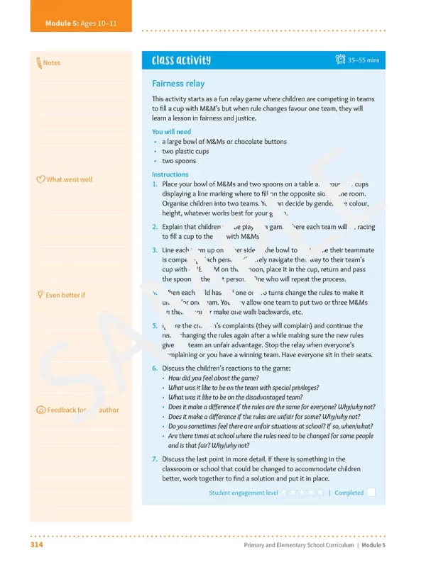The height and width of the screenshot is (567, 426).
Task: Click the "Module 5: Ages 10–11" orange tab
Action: click(x=81, y=23)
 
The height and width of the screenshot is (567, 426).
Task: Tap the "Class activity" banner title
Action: click(x=181, y=60)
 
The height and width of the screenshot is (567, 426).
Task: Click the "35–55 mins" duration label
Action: click(x=363, y=60)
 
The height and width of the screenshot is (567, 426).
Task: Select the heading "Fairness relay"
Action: click(x=177, y=84)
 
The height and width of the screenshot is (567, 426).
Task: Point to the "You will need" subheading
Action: click(x=171, y=132)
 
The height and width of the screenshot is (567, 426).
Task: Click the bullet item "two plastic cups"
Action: click(x=185, y=151)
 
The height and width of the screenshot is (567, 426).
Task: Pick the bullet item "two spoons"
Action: click(x=177, y=161)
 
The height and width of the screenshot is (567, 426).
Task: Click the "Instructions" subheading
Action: click(x=170, y=174)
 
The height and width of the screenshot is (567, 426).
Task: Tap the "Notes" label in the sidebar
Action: click(x=52, y=63)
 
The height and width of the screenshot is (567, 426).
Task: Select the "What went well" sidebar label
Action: click(x=69, y=179)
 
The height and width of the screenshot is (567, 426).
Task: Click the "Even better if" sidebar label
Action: click(x=65, y=295)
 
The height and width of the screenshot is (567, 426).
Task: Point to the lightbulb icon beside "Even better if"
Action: click(x=40, y=294)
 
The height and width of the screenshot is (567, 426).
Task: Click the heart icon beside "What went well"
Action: click(x=40, y=179)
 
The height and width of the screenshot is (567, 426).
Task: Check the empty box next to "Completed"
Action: click(x=371, y=493)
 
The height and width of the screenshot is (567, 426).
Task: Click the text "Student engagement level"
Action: click(x=243, y=493)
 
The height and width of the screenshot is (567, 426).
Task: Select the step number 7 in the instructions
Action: click(x=155, y=459)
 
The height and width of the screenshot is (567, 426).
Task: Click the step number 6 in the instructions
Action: click(x=155, y=368)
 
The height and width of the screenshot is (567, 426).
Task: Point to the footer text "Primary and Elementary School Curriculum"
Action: click(x=295, y=545)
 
